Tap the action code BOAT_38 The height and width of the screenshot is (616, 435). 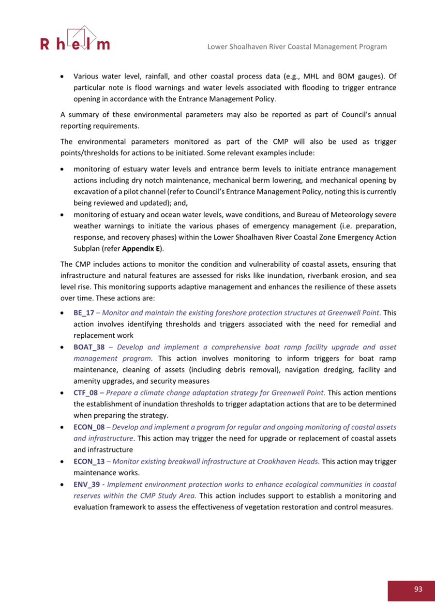pos(89,347)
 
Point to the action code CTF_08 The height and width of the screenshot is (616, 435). pos(86,392)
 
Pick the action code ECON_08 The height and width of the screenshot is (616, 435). pos(89,427)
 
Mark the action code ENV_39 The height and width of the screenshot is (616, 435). pos(87,484)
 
